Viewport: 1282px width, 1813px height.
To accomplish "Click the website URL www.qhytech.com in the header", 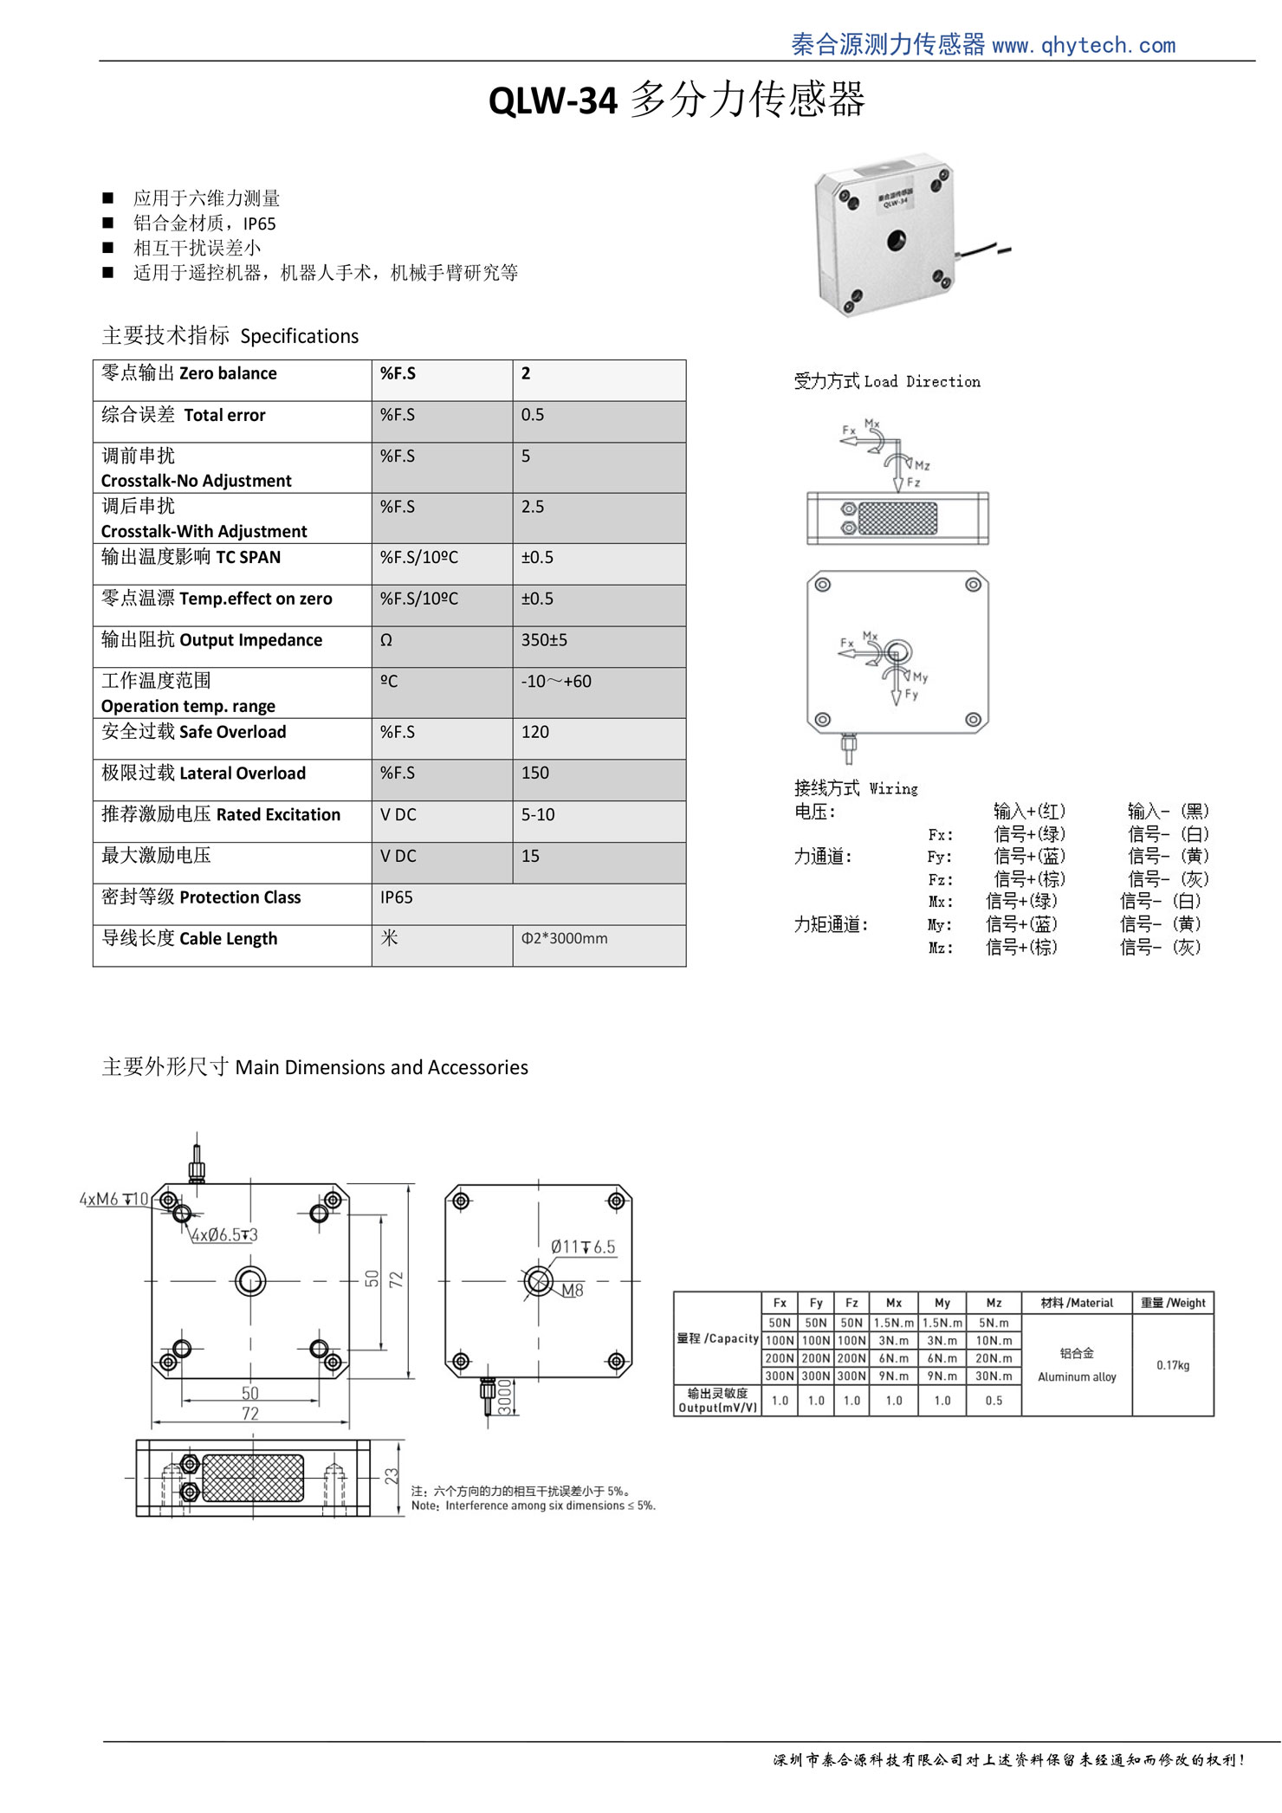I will click(x=1084, y=45).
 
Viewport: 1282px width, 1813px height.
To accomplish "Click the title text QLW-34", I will click(x=553, y=100).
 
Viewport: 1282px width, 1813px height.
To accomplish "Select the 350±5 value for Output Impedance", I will click(x=544, y=640).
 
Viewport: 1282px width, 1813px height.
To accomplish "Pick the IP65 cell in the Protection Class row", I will click(x=397, y=897).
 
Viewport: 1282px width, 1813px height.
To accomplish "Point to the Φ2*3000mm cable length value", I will click(x=564, y=938).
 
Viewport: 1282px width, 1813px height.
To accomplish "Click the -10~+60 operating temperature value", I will click(x=556, y=682).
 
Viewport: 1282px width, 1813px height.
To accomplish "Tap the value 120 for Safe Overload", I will click(x=535, y=732).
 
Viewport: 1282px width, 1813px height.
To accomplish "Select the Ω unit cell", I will click(x=386, y=640).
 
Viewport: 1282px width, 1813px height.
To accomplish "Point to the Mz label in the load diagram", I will click(x=922, y=465).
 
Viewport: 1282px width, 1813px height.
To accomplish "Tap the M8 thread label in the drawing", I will click(x=572, y=1290).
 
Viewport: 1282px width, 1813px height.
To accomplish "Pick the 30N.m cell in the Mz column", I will click(x=994, y=1376).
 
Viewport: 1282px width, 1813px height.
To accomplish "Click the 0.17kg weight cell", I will click(x=1173, y=1365).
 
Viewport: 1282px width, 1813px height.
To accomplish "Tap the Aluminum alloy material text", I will click(x=1077, y=1376).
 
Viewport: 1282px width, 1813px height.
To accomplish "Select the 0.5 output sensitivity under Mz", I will click(x=994, y=1401).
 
